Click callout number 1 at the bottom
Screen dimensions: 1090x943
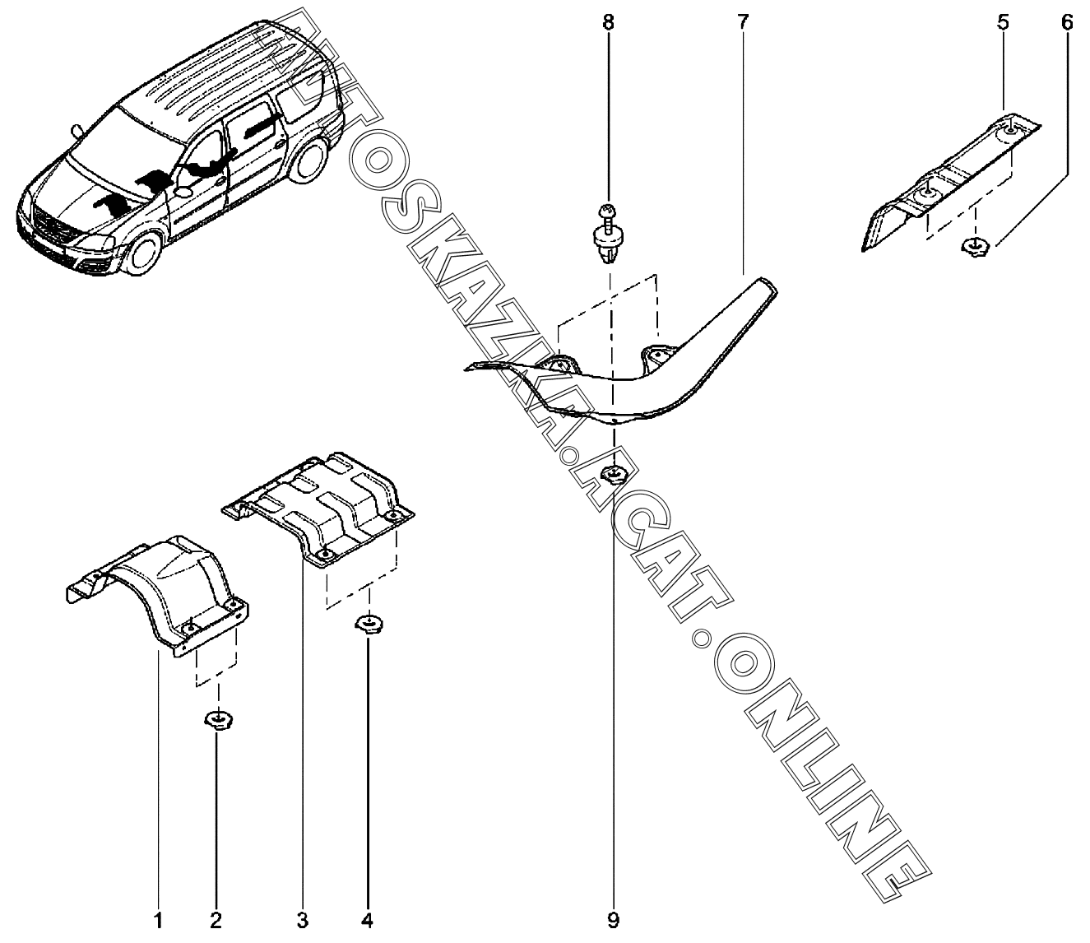click(x=158, y=922)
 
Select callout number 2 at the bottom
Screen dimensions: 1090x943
click(x=216, y=922)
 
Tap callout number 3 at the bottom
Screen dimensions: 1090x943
click(x=302, y=922)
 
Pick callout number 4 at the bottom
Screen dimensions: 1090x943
click(x=368, y=922)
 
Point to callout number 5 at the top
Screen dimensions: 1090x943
click(x=1003, y=23)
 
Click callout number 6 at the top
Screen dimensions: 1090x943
click(x=1066, y=23)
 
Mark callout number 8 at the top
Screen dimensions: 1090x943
click(x=609, y=23)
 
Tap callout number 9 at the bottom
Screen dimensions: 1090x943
click(x=614, y=922)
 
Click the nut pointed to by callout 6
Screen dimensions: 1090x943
click(x=975, y=246)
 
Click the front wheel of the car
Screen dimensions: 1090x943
click(x=143, y=256)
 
